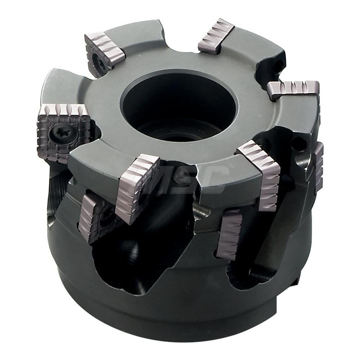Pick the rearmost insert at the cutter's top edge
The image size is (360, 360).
pyautogui.click(x=216, y=36)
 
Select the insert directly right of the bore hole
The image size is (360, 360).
pyautogui.click(x=293, y=92)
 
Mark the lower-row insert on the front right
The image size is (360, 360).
pyautogui.click(x=230, y=234)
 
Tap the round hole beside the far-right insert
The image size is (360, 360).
pyautogui.click(x=299, y=144)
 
